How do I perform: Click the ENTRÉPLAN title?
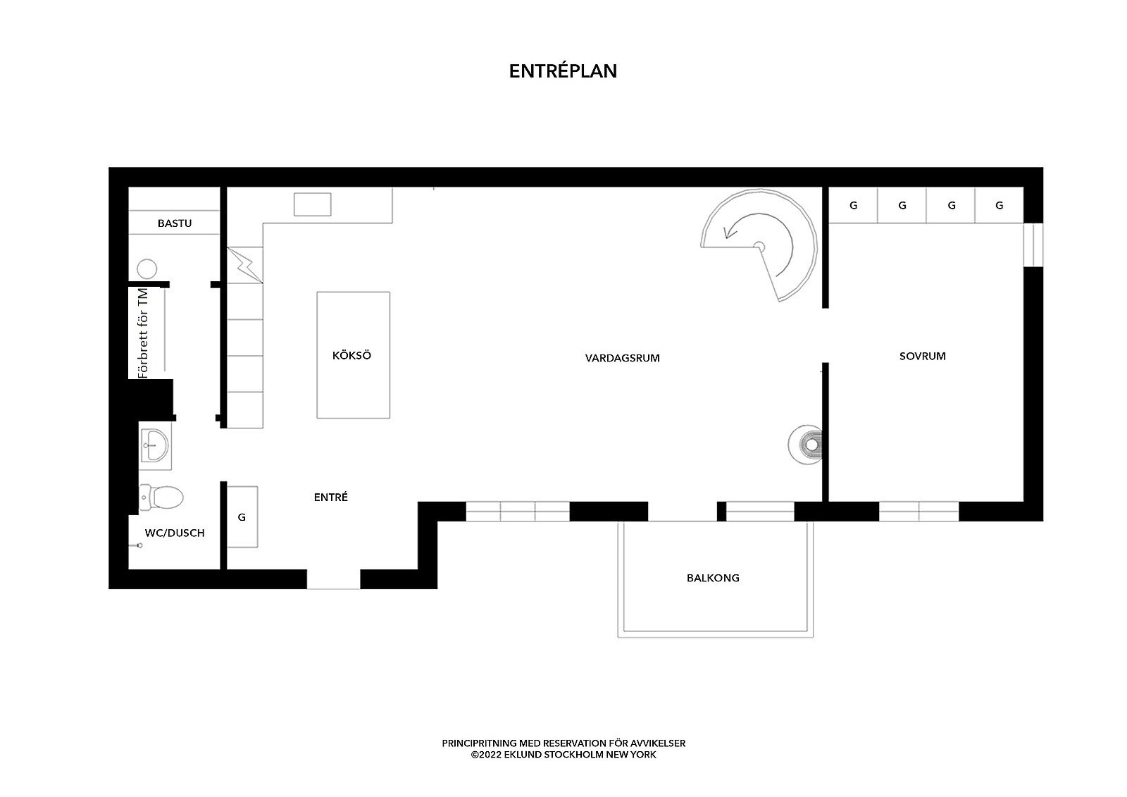563,71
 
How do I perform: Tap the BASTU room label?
175,223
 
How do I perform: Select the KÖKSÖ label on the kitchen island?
351,355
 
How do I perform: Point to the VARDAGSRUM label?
623,358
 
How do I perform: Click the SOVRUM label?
922,357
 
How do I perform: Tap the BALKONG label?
713,578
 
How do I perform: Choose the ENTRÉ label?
330,498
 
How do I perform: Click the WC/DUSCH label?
175,533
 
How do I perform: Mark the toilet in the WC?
161,498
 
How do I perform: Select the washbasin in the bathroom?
155,445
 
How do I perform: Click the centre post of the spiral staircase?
759,247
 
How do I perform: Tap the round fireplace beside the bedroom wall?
805,445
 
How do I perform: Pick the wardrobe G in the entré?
242,517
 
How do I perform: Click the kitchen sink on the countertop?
313,204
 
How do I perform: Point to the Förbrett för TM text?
144,333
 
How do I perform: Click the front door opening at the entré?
334,579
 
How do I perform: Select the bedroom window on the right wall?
1033,245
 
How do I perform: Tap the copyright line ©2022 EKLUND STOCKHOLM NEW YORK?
563,755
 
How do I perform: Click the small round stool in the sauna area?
147,269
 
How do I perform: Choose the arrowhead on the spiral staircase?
728,233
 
